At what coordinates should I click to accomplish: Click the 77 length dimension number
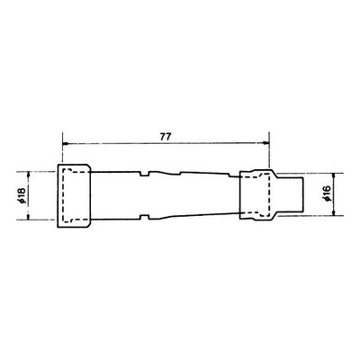pos(166,137)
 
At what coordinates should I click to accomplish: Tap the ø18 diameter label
pos(22,196)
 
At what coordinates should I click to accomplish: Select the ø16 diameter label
pos(326,193)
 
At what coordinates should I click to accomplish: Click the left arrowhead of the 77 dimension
pos(65,144)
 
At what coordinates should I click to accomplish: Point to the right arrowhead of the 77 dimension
pos(266,143)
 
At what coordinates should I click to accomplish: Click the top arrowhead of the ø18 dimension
pos(28,175)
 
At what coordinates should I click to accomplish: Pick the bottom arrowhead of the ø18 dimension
pos(28,217)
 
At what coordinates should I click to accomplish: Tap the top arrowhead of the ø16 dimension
pos(335,176)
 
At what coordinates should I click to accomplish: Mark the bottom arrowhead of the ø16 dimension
pos(335,212)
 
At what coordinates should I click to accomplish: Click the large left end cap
pos(74,195)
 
